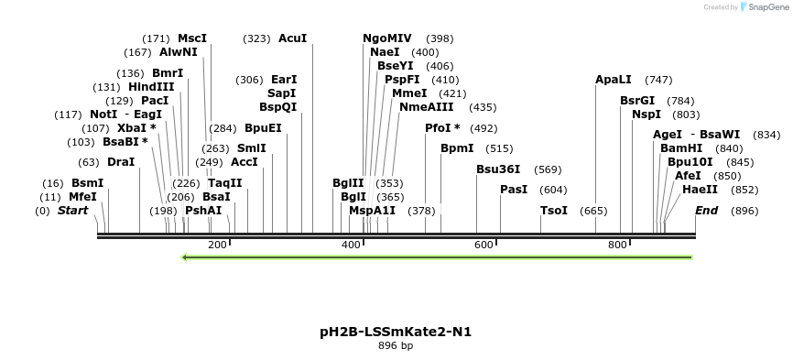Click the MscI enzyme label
(x=192, y=38)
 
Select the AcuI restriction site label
(x=292, y=38)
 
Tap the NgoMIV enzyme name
(x=387, y=38)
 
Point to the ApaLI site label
(x=614, y=80)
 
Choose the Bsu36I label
(x=498, y=169)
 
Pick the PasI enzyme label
(x=514, y=190)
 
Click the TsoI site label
(x=554, y=211)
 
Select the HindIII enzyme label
(x=151, y=87)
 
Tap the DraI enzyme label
(x=121, y=162)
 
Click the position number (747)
(x=658, y=80)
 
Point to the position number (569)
(x=548, y=169)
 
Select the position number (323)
(x=256, y=38)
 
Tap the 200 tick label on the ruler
(x=217, y=245)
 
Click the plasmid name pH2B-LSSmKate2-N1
(x=396, y=331)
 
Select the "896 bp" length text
(x=396, y=346)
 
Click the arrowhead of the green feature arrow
(x=186, y=257)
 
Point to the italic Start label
(x=72, y=211)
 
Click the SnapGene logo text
(x=767, y=6)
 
